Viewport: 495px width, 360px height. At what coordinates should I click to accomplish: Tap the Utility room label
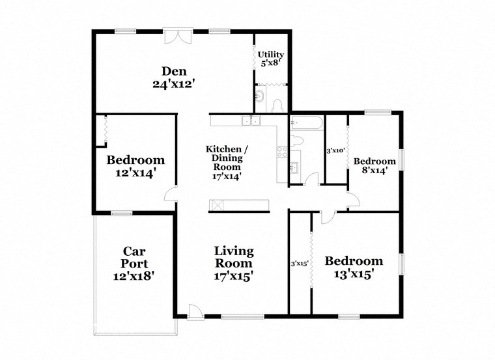[270, 54]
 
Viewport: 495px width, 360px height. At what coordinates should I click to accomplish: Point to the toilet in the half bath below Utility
[276, 105]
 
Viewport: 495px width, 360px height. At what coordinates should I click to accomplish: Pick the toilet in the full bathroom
[297, 141]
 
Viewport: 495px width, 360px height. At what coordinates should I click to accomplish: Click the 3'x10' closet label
[335, 151]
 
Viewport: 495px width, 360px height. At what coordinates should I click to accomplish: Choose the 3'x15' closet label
[299, 263]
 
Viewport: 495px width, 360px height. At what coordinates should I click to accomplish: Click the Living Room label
[234, 257]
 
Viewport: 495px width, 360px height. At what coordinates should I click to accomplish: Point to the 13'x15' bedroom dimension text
[354, 274]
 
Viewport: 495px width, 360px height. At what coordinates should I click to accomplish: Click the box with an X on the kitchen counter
[217, 206]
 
